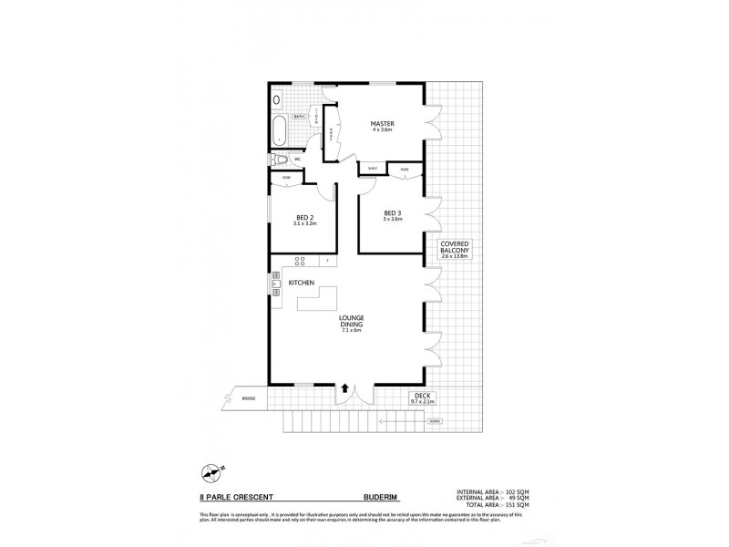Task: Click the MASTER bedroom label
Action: coord(382,125)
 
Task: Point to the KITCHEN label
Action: coord(302,284)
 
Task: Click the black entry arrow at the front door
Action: coord(345,387)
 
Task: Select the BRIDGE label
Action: coord(248,399)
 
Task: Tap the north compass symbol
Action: coord(211,471)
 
